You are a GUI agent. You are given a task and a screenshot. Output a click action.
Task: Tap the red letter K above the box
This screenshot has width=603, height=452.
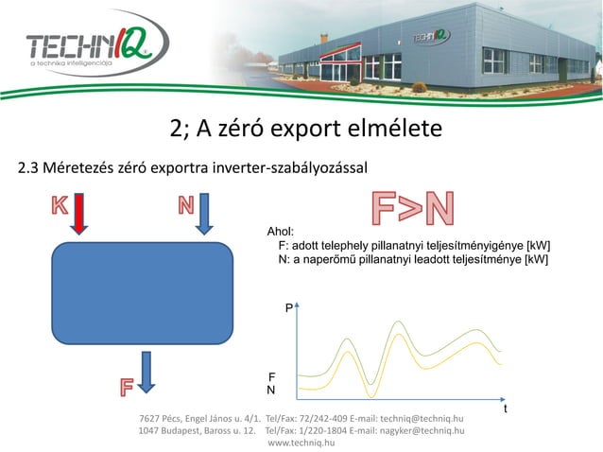click(x=60, y=204)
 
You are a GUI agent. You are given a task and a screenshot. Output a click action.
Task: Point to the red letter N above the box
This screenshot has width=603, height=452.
click(x=185, y=204)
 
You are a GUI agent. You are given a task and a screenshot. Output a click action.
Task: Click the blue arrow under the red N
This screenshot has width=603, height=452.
click(x=207, y=214)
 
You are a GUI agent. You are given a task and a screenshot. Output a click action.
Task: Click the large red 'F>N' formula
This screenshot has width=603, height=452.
click(x=410, y=209)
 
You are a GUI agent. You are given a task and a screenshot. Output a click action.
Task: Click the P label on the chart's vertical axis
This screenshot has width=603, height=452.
click(x=289, y=309)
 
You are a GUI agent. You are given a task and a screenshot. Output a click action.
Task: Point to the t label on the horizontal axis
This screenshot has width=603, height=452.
click(x=506, y=409)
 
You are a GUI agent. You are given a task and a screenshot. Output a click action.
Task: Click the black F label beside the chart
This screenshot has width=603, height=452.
click(x=272, y=375)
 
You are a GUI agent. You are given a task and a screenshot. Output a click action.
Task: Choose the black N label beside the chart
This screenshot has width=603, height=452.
click(x=271, y=390)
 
